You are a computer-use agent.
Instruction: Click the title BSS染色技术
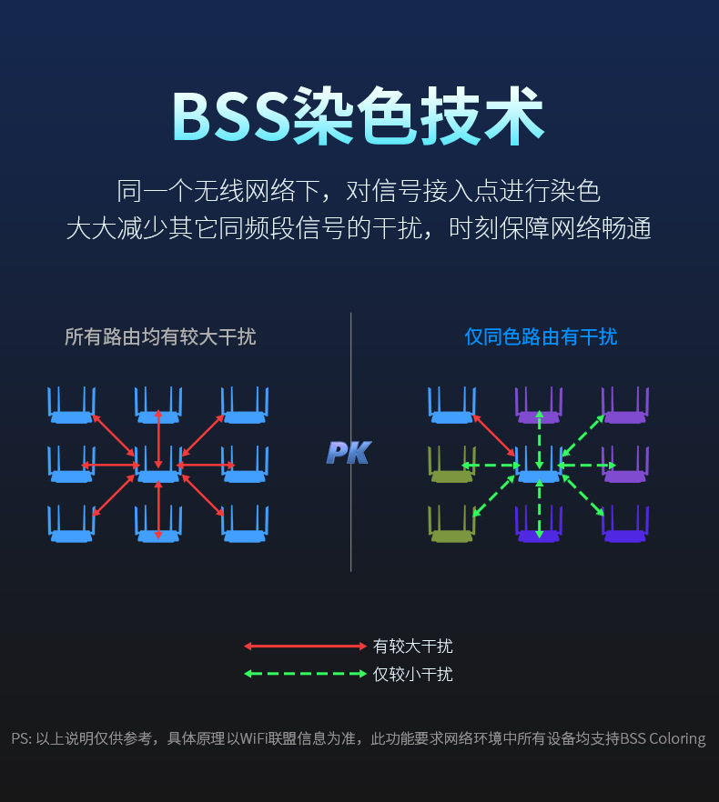coord(359,116)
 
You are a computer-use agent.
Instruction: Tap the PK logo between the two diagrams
coord(349,453)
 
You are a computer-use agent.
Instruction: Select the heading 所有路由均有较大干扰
coord(160,337)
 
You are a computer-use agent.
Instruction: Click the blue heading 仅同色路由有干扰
coord(541,337)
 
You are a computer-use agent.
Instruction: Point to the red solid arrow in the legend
coord(304,647)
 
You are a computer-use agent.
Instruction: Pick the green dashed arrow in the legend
coord(304,675)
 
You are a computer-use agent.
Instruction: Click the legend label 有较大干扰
coord(412,647)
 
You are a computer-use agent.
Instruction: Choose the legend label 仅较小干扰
coord(412,675)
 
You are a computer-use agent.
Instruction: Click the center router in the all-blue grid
coord(158,466)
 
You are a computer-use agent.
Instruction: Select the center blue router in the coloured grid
coord(539,466)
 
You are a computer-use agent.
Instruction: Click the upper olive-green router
coord(452,466)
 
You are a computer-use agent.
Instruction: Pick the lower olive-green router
coord(452,526)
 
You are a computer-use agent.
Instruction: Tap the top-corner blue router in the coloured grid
coord(452,407)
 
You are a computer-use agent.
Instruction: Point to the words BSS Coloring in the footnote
coord(663,738)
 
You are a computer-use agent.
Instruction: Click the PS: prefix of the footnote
coord(21,738)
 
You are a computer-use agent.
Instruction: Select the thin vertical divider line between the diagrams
coord(350,509)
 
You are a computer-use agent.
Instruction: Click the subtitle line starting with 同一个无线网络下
coord(359,191)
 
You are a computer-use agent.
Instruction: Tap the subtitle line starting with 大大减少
coord(359,228)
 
